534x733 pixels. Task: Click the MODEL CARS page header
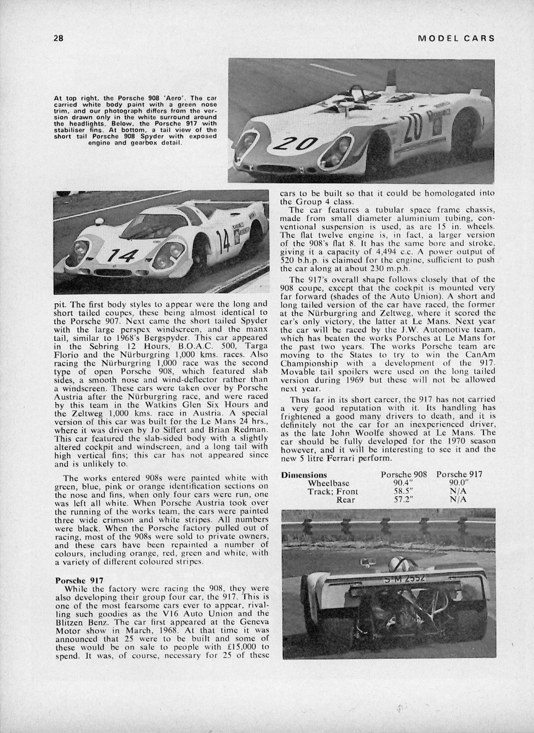coord(456,38)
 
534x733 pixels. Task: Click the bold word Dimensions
coord(304,475)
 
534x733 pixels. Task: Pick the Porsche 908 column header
coord(404,475)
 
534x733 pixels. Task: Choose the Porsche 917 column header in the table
coord(459,475)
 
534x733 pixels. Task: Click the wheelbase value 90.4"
coord(404,483)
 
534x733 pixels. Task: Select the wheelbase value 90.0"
coord(458,483)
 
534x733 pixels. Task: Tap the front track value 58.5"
coord(404,492)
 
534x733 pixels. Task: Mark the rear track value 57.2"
coord(404,500)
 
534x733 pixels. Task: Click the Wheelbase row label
coord(328,483)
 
